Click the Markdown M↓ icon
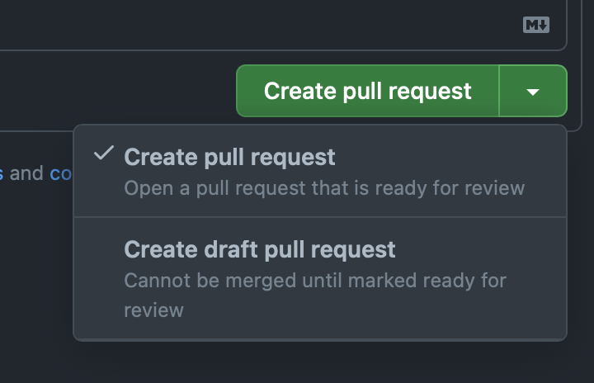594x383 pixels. coord(536,25)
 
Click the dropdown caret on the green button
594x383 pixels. coord(533,92)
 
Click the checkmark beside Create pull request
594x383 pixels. coord(103,153)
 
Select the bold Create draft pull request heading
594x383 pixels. coord(260,250)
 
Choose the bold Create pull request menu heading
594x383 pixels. coord(229,158)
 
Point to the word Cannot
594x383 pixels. coord(157,281)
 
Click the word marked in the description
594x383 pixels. coord(382,281)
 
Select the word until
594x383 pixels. coord(322,281)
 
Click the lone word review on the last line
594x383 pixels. coord(153,310)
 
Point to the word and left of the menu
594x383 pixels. coord(26,173)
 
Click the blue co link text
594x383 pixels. coord(60,173)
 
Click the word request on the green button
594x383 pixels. coord(430,92)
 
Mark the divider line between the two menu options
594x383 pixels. coord(320,217)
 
